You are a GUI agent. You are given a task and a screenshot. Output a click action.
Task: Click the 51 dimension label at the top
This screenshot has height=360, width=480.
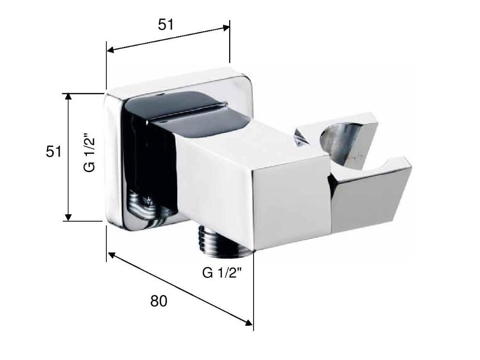165,25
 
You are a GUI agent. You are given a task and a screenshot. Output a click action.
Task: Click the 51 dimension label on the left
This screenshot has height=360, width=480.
53,151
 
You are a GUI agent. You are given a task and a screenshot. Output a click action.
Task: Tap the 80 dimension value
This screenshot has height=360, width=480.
158,301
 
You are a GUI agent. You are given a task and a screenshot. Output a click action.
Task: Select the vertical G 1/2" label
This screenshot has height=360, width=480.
89,152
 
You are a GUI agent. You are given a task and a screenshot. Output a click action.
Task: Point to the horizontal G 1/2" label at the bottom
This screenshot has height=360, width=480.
222,272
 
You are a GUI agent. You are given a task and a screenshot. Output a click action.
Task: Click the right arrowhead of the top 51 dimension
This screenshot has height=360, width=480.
226,28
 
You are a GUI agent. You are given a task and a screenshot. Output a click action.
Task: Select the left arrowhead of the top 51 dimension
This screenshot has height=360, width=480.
110,50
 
